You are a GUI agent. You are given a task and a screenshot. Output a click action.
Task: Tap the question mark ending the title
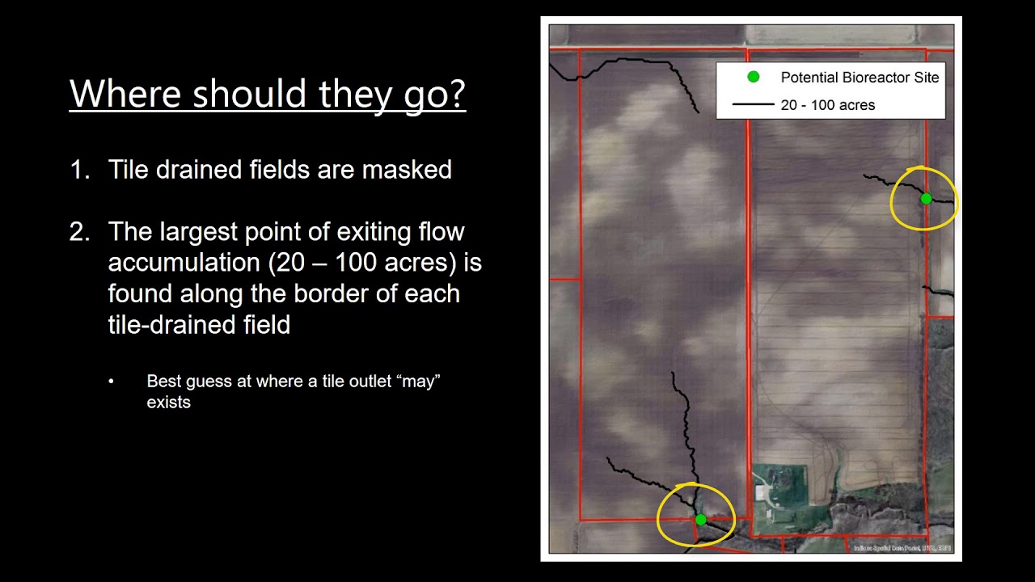pos(455,94)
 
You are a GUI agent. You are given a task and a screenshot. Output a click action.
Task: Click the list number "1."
pos(80,170)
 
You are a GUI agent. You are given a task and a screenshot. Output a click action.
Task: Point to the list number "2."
pos(80,232)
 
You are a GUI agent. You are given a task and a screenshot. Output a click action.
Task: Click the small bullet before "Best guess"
pos(112,382)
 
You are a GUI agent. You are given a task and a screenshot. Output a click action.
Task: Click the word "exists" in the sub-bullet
pos(168,402)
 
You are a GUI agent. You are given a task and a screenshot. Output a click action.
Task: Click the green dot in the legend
pos(754,77)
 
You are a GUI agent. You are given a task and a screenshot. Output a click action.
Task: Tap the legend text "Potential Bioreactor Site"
pos(860,78)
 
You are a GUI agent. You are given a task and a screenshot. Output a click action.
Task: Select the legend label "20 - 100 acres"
pos(827,105)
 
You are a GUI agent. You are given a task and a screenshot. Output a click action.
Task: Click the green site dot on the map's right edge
pos(926,199)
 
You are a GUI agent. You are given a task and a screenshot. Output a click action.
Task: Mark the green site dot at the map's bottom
pos(700,520)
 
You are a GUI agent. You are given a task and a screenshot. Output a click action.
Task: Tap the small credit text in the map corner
pos(902,548)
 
